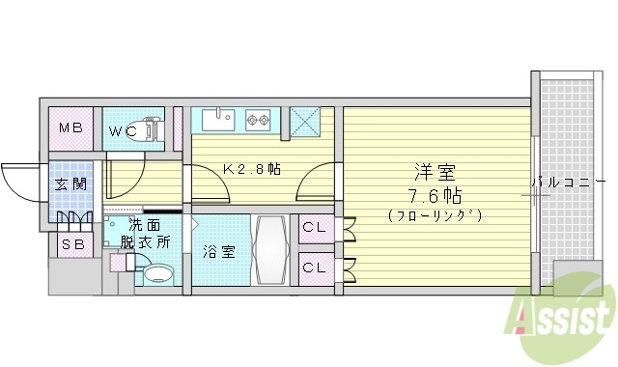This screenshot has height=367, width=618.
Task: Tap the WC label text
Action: point(123,130)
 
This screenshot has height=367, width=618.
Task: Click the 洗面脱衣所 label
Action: point(146,234)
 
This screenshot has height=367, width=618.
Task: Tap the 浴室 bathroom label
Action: point(218,252)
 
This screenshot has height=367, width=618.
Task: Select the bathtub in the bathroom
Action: point(269,248)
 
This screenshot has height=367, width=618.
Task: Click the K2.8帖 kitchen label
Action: point(252,169)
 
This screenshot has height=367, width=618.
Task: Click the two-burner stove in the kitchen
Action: point(258,121)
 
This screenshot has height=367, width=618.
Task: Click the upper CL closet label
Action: point(314,228)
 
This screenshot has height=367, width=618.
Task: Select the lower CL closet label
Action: point(314,267)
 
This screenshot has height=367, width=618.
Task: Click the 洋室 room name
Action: point(435,173)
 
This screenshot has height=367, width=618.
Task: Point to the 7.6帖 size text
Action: point(435,194)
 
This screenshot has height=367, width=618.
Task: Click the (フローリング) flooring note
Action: point(435,214)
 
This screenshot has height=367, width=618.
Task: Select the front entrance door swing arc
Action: point(17,180)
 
